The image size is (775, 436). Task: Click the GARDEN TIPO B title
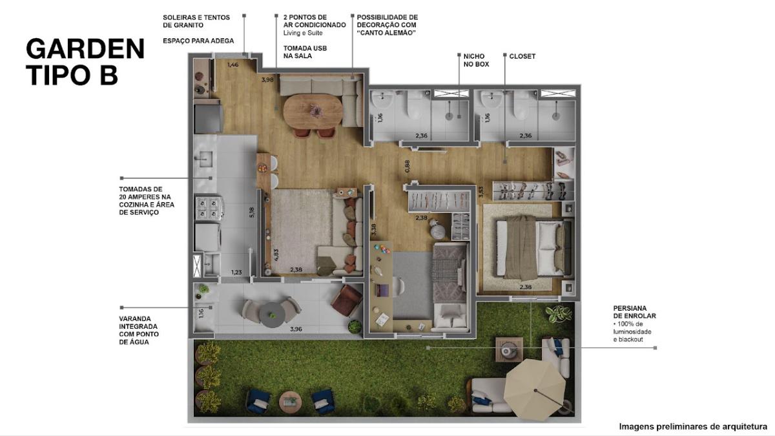[x=85, y=61]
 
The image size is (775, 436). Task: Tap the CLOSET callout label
[x=522, y=56]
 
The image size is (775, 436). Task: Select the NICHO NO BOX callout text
[x=476, y=60]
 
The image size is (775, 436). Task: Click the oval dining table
[x=313, y=110]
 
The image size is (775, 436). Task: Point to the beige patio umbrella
[x=535, y=389]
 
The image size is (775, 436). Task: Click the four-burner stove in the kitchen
[x=209, y=208]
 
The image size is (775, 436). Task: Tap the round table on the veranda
[x=273, y=315]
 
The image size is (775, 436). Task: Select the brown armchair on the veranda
[x=346, y=300]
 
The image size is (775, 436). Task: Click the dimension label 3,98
[x=267, y=79]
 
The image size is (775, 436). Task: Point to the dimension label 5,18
[x=251, y=212]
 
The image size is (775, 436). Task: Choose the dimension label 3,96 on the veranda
[x=296, y=329]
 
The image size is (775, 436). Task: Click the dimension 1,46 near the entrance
[x=233, y=65]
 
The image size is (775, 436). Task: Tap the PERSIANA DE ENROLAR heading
[x=634, y=312]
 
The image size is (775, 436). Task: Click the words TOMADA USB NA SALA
[x=305, y=52]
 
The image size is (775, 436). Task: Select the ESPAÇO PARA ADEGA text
[x=198, y=41]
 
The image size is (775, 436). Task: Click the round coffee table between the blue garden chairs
[x=290, y=402]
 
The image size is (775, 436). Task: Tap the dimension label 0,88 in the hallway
[x=408, y=166]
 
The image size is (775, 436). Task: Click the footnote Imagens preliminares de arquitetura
[x=693, y=427]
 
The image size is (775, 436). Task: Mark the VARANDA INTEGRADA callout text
[x=139, y=330]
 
